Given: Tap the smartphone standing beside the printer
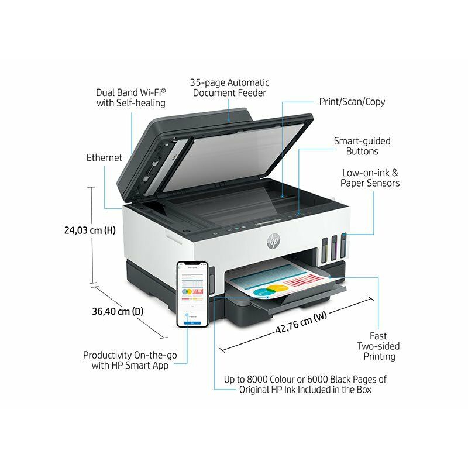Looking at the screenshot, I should (193, 294).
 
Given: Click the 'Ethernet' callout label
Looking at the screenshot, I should (104, 157).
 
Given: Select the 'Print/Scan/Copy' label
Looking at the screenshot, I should (352, 102).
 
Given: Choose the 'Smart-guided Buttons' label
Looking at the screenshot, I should (362, 146).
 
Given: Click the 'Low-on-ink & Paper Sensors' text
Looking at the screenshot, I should (370, 178).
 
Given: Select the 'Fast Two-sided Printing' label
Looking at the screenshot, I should (377, 346).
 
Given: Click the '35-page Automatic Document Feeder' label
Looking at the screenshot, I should (229, 88).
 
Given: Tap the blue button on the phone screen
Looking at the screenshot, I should (193, 321).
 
